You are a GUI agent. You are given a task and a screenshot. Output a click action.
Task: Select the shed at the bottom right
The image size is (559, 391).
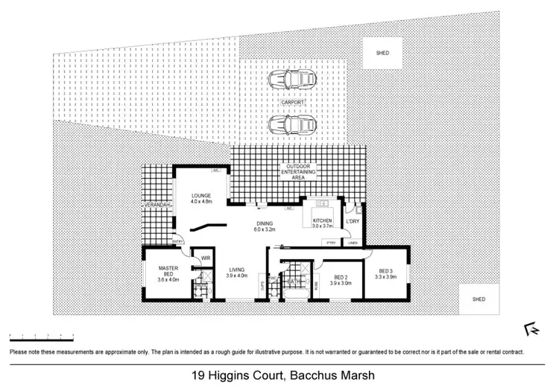coord(479,299)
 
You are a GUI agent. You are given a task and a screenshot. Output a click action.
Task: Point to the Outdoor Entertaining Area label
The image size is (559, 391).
coord(299,172)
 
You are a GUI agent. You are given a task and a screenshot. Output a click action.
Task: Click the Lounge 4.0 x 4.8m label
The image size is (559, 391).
coord(201,199)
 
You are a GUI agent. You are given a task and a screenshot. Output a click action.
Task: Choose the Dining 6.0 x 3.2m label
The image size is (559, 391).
coord(265,226)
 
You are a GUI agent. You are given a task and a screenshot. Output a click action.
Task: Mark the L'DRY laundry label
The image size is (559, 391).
coord(353,221)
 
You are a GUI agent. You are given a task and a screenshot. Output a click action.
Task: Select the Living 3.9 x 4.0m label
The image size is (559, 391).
coord(236,272)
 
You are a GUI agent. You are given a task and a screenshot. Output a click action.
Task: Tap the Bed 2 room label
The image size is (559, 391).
coord(340,279)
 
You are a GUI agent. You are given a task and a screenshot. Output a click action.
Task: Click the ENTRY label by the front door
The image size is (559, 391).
coord(177,242)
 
